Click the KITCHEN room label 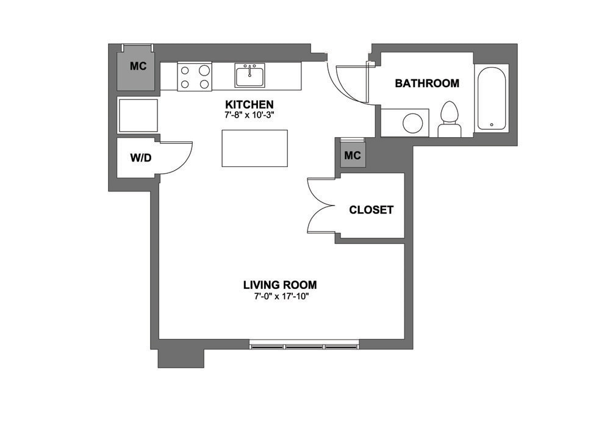pyautogui.click(x=249, y=104)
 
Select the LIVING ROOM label pyautogui.click(x=279, y=285)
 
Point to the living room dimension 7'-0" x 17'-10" pyautogui.click(x=279, y=296)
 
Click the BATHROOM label pyautogui.click(x=427, y=84)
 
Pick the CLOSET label pyautogui.click(x=371, y=210)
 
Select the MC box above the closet pyautogui.click(x=353, y=156)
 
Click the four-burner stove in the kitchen pyautogui.click(x=195, y=76)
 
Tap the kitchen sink pyautogui.click(x=249, y=76)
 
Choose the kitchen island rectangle pyautogui.click(x=254, y=148)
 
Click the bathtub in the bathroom pyautogui.click(x=492, y=98)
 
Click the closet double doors pyautogui.click(x=321, y=205)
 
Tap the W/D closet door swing pyautogui.click(x=177, y=157)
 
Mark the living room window pyautogui.click(x=303, y=346)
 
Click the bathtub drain pyautogui.click(x=492, y=124)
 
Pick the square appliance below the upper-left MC pyautogui.click(x=138, y=115)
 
